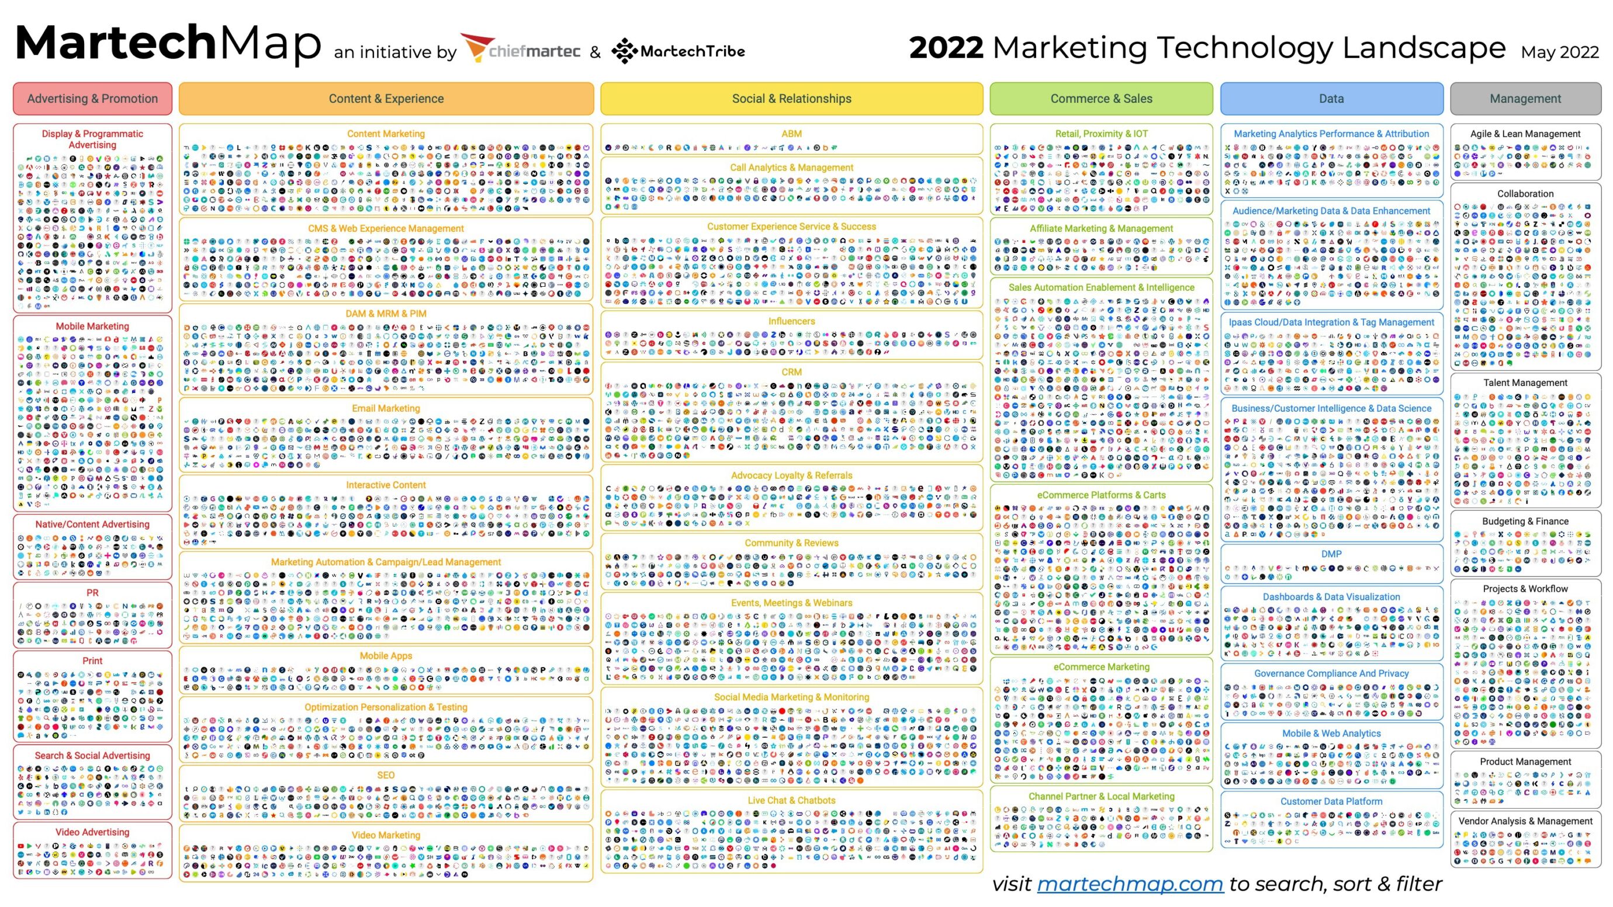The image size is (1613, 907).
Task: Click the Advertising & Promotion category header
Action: tap(93, 98)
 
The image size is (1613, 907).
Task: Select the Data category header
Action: tap(1331, 98)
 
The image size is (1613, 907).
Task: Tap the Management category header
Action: tap(1525, 98)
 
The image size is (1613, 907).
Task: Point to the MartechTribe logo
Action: tap(678, 51)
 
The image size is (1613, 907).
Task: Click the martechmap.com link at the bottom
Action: tap(1130, 883)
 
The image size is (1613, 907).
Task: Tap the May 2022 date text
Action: tap(1559, 52)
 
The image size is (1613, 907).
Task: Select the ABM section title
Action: tap(791, 133)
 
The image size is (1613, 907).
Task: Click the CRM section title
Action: tap(791, 372)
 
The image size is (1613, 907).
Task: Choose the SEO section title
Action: tap(386, 775)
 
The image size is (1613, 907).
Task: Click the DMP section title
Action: tap(1331, 554)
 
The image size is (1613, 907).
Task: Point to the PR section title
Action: tap(93, 592)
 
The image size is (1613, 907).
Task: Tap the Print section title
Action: tap(93, 661)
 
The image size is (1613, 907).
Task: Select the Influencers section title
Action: tap(791, 321)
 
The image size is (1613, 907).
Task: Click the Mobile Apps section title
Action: tap(386, 655)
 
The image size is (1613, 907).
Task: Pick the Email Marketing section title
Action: tap(386, 408)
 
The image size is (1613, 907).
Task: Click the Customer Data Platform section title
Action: tap(1331, 801)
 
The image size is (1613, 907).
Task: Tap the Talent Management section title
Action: tap(1525, 383)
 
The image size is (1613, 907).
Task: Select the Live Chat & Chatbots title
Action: tap(791, 800)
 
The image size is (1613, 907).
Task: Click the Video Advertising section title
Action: tap(93, 832)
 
